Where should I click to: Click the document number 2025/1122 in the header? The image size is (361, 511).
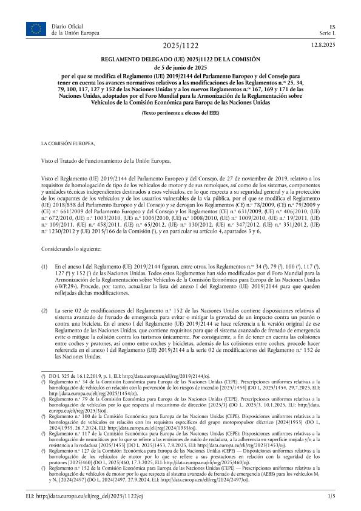coord(180,46)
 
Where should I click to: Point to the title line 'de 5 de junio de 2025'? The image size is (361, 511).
coord(180,67)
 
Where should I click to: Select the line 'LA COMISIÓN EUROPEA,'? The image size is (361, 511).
coord(68,144)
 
